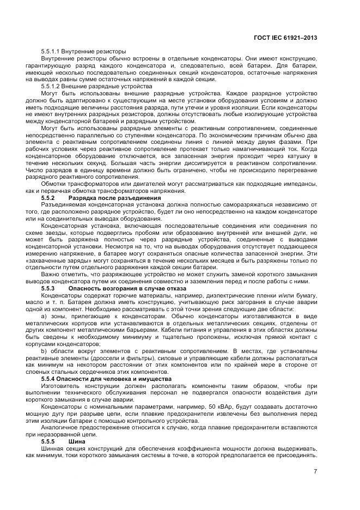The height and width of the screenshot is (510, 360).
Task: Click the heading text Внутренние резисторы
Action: coord(95,51)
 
